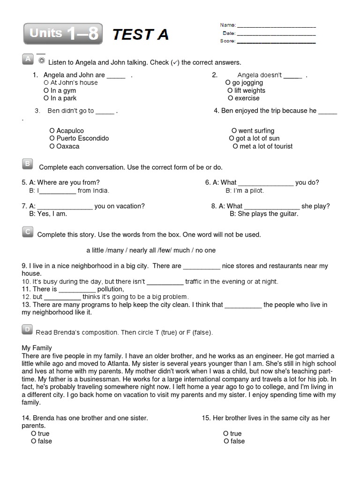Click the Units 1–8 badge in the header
pyautogui.click(x=63, y=34)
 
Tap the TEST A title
pyautogui.click(x=140, y=34)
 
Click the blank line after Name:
pyautogui.click(x=277, y=26)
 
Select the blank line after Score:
pyautogui.click(x=277, y=42)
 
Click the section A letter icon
pyautogui.click(x=27, y=59)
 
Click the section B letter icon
pyautogui.click(x=27, y=164)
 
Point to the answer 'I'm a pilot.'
pyautogui.click(x=245, y=191)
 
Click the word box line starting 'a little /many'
pyautogui.click(x=151, y=250)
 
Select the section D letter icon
pyautogui.click(x=27, y=330)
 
